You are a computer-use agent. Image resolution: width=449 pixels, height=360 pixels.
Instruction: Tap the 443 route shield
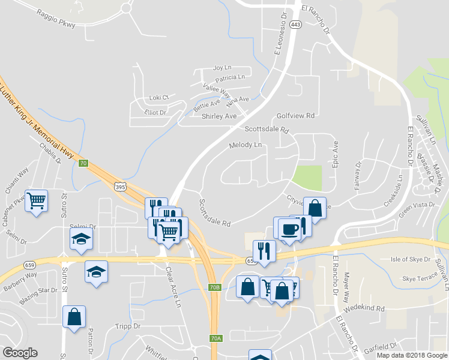click(295, 25)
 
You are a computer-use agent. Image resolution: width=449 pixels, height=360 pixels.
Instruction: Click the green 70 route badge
click(83, 163)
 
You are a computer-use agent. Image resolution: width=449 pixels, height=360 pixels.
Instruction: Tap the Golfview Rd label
click(296, 115)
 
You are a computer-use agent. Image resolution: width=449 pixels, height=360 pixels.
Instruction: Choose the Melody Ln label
click(246, 145)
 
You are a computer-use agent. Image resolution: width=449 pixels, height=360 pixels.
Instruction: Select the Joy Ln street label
click(222, 68)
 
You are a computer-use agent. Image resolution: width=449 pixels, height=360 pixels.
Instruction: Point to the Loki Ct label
click(160, 97)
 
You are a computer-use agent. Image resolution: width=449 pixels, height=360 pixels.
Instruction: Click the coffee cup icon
click(289, 229)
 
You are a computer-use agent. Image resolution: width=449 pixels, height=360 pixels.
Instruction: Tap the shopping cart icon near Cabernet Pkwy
click(37, 200)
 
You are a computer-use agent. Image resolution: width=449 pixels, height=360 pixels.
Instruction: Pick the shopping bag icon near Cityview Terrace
click(315, 207)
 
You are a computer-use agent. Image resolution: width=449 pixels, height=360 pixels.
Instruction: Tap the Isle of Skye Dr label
click(411, 259)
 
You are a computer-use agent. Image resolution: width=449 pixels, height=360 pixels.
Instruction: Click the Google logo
click(20, 353)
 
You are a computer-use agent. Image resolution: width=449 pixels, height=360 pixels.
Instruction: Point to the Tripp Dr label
click(127, 326)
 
